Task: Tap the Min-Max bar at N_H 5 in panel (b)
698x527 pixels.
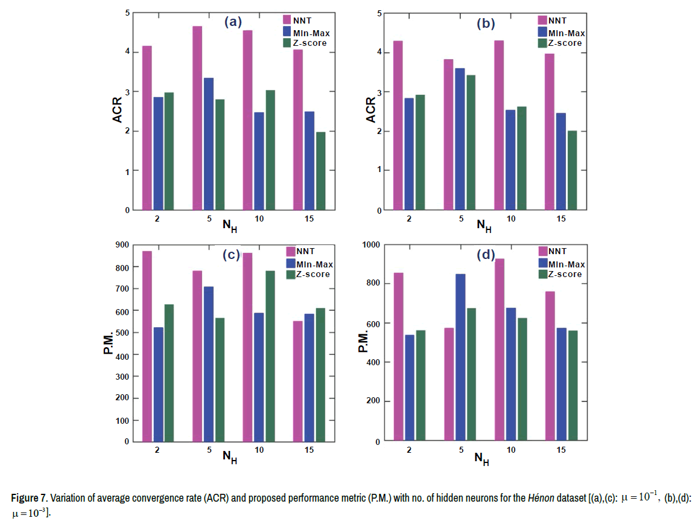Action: coord(460,139)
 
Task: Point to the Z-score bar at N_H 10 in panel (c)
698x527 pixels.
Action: coord(270,356)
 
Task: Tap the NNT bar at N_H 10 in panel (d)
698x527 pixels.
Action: coord(500,350)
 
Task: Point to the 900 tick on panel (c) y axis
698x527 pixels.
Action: coord(122,244)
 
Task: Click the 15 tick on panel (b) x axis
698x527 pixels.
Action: coord(561,219)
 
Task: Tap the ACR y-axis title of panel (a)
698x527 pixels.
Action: coord(118,110)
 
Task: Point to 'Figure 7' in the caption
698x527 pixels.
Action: coord(29,499)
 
